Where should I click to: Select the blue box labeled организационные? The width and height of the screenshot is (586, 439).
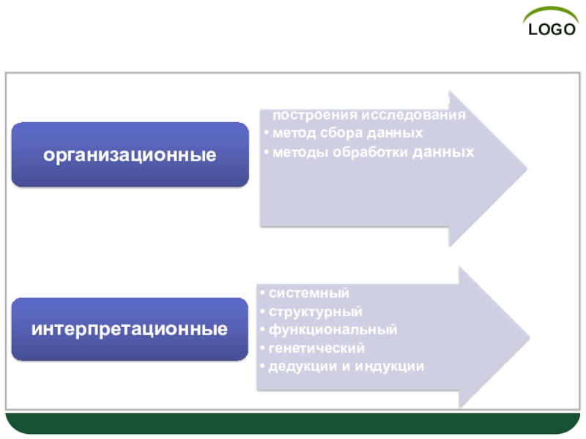(130, 154)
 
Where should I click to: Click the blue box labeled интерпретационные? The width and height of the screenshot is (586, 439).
(130, 329)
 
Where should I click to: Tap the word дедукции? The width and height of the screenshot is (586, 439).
(299, 366)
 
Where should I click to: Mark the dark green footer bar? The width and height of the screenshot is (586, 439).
(293, 424)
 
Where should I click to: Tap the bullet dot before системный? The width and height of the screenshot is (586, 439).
(262, 293)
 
